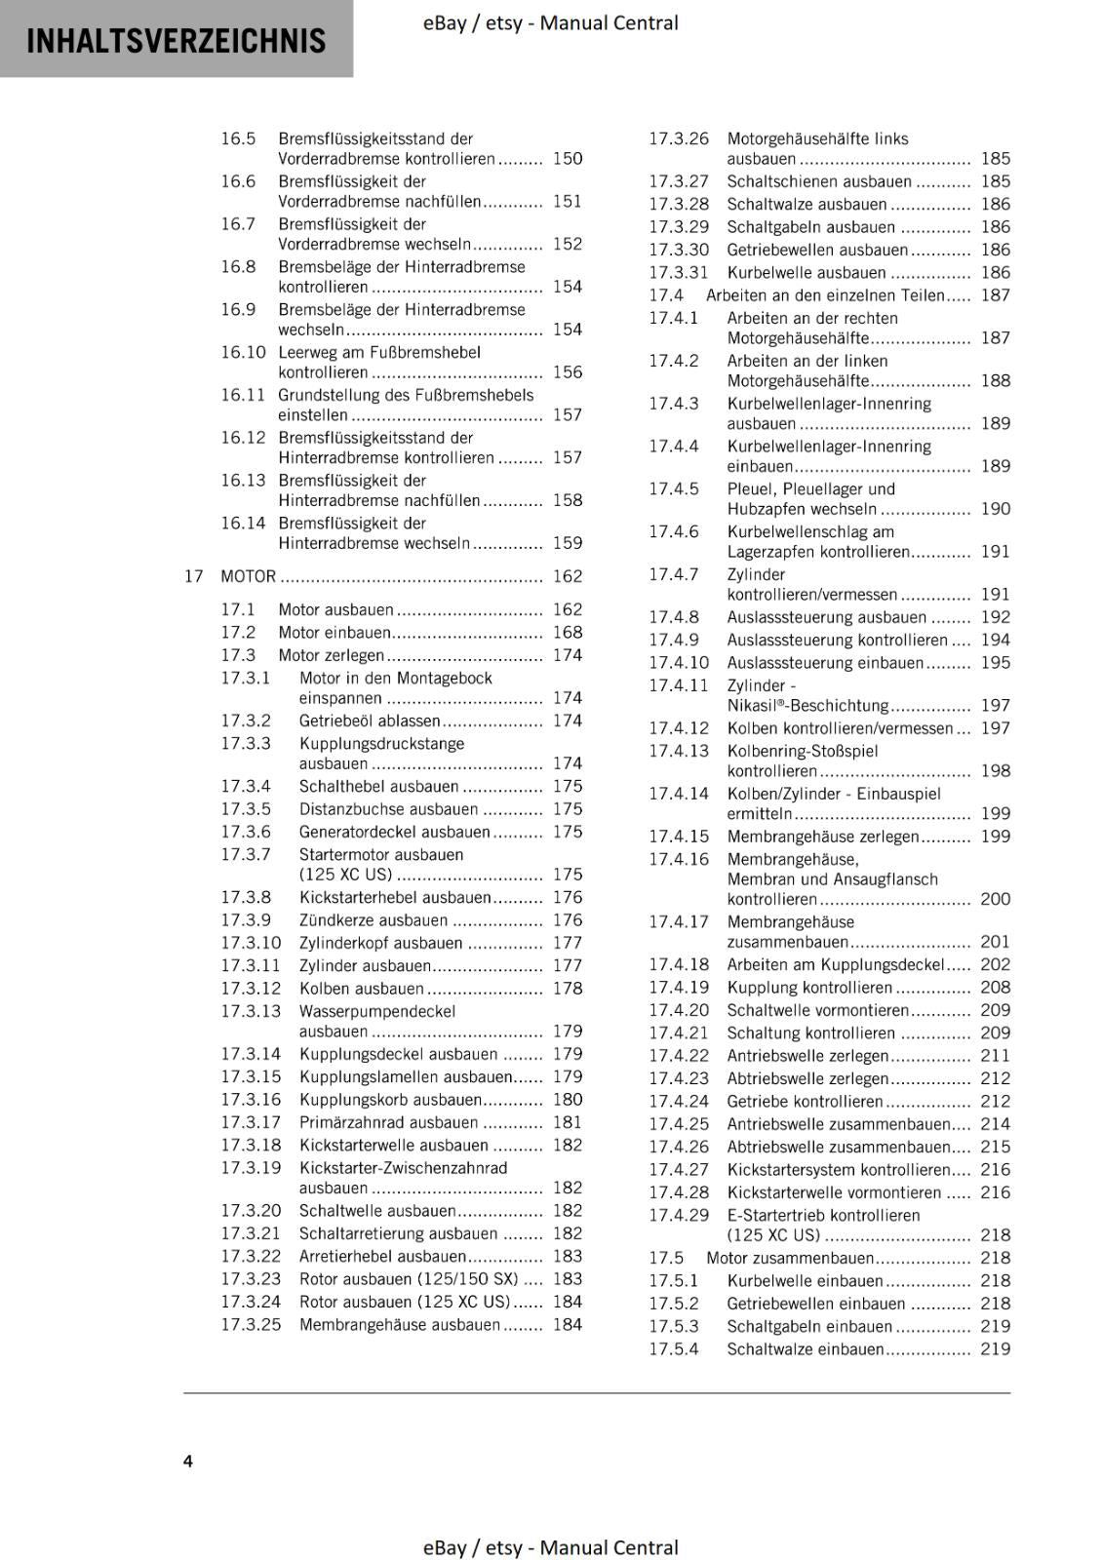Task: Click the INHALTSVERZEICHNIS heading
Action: [x=176, y=41]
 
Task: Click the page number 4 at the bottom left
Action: [x=188, y=1461]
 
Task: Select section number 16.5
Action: [x=238, y=138]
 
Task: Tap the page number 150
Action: [x=567, y=158]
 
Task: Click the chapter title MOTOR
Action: [x=249, y=576]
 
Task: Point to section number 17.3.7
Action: [x=246, y=854]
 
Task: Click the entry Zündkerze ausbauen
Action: [x=374, y=920]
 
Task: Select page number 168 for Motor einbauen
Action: [x=567, y=632]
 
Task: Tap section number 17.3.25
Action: [x=251, y=1324]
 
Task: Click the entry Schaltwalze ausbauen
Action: [x=807, y=204]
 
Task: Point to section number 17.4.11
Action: [x=679, y=685]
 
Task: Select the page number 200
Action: [x=995, y=899]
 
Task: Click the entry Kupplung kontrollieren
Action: [x=809, y=988]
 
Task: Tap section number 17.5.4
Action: [x=674, y=1349]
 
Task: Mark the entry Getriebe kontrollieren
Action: [x=805, y=1102]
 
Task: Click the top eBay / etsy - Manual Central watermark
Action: [x=551, y=22]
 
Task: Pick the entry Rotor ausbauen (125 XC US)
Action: [x=405, y=1302]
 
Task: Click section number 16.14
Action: [x=243, y=524]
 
